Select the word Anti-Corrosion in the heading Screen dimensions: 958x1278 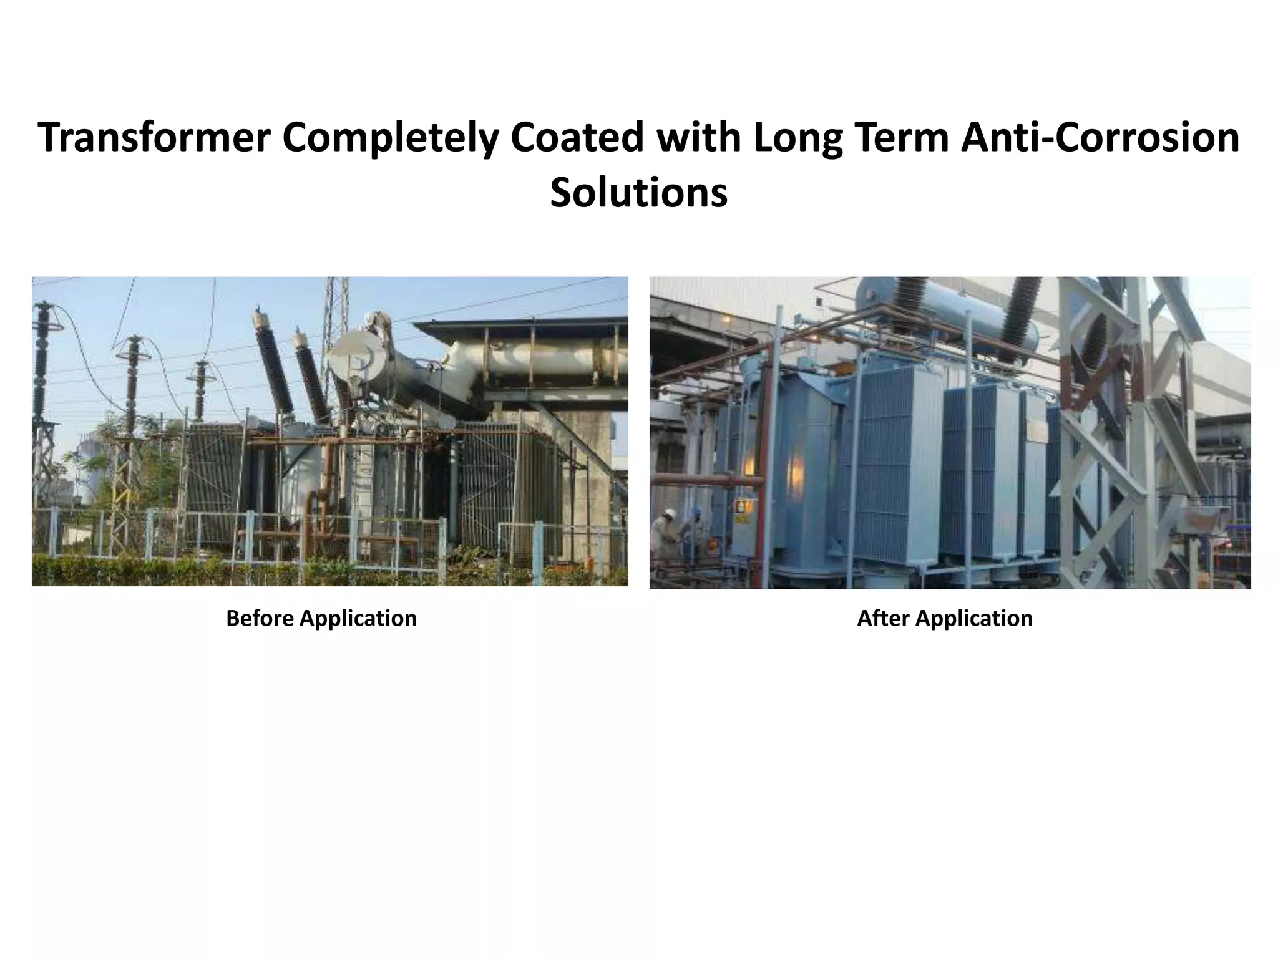pyautogui.click(x=1100, y=138)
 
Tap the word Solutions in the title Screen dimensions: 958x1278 pyautogui.click(x=638, y=193)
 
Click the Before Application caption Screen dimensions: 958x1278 pyautogui.click(x=321, y=618)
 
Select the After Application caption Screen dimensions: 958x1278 pyautogui.click(x=945, y=618)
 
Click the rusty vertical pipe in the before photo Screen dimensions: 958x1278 pyautogui.click(x=312, y=518)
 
